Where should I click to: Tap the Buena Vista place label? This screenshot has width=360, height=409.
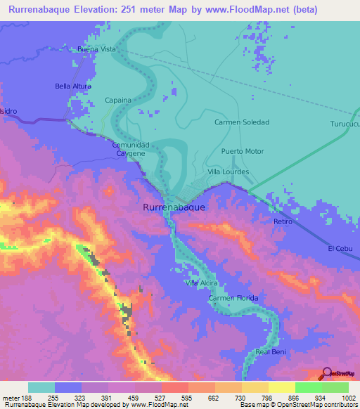point(97,50)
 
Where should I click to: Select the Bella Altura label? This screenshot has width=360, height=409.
point(75,86)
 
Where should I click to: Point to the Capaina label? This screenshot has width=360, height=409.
point(118,100)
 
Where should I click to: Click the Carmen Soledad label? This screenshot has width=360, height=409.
point(242,122)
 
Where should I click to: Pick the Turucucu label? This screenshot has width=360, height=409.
point(344,124)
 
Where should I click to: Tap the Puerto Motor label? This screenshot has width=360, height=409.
point(242,151)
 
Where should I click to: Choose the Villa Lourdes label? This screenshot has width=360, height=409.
point(229,171)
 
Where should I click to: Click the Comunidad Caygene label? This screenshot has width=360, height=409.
point(129,148)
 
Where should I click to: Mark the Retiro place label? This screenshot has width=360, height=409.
point(283,221)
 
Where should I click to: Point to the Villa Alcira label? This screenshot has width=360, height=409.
point(201,283)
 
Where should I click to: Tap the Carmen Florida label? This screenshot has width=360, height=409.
point(233,299)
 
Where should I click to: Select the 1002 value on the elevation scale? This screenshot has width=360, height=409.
point(348,397)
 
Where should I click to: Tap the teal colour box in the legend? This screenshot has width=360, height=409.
point(41,387)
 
